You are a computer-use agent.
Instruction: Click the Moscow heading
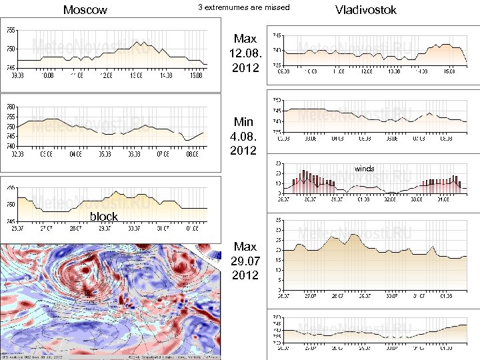click(x=85, y=10)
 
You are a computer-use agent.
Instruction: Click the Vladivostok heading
click(x=366, y=10)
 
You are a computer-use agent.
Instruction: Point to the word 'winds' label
click(x=364, y=169)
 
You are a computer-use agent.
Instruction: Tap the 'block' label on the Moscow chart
click(x=103, y=216)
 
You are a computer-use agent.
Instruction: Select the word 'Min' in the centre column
click(x=243, y=122)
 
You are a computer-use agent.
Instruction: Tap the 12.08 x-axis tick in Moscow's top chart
click(x=105, y=75)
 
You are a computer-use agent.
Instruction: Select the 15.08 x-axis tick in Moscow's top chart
click(x=195, y=75)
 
